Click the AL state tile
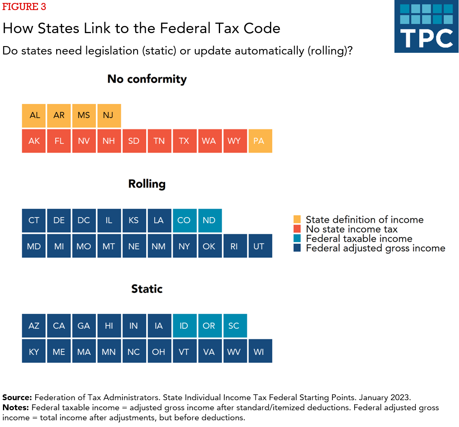[x=34, y=115]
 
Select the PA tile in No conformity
[x=260, y=141]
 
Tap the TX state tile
[x=184, y=141]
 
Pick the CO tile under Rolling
[x=184, y=220]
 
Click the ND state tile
[x=210, y=220]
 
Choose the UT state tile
[x=260, y=246]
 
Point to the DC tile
[x=84, y=220]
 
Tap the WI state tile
[x=260, y=351]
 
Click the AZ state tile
[x=34, y=326]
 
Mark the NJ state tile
[x=109, y=115]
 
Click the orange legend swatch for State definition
[x=297, y=220]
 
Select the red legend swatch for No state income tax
[x=297, y=229]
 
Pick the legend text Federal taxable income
[x=359, y=239]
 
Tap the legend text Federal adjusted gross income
[x=375, y=248]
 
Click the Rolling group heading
[x=147, y=184]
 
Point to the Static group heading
[x=147, y=289]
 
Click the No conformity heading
[x=147, y=79]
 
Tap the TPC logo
[x=426, y=26]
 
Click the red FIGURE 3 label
[x=24, y=7]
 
